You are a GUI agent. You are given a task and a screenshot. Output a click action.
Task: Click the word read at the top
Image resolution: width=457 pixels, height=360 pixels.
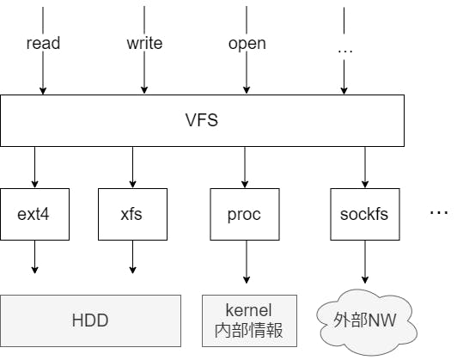43,43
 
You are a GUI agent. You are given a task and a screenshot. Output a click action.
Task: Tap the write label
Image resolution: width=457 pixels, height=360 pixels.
144,43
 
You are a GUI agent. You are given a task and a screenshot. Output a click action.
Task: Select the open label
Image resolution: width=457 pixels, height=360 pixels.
247,44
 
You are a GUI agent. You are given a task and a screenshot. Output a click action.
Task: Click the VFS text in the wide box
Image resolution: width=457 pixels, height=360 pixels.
202,119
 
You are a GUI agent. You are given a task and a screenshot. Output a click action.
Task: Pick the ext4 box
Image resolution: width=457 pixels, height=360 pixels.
34,214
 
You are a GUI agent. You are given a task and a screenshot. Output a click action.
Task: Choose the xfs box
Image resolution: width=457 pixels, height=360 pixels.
132,214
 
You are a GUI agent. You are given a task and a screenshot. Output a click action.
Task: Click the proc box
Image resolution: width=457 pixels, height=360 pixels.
245,214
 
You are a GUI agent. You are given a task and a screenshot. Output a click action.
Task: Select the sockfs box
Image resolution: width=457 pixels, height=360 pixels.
365,214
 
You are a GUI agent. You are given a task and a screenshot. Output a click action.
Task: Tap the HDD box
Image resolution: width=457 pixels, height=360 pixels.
90,320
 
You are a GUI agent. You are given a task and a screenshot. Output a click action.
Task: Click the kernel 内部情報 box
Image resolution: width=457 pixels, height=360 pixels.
249,320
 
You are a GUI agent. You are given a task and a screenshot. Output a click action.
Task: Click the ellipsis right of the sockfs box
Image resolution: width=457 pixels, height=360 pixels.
439,212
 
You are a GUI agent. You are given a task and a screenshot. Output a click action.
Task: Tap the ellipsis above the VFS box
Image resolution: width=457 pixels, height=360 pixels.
345,52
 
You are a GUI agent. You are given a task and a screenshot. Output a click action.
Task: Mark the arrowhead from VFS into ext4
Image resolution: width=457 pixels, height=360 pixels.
34,184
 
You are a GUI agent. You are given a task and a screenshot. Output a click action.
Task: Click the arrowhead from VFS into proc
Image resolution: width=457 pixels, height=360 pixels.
245,184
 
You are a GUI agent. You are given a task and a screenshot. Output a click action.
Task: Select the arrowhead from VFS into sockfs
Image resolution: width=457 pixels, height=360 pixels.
365,184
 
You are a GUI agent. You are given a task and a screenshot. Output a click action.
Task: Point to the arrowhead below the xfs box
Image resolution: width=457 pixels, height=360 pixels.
132,270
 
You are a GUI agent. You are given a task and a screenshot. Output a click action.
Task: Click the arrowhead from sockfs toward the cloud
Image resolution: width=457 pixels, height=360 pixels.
365,280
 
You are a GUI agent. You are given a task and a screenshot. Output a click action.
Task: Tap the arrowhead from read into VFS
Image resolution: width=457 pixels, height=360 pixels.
43,91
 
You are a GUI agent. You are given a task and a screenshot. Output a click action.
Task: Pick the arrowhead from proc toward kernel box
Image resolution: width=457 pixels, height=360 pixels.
247,280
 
